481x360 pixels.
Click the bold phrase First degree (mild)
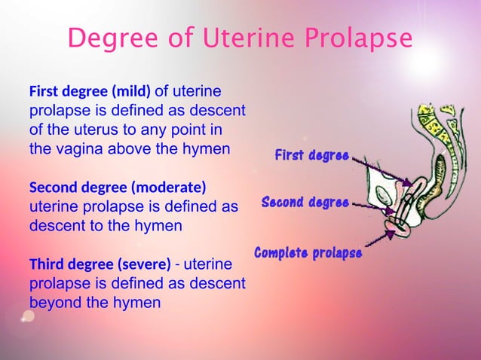[90, 93]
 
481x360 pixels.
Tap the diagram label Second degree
[305, 203]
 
